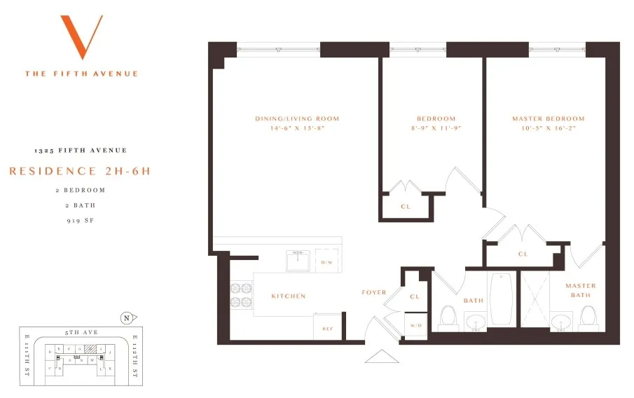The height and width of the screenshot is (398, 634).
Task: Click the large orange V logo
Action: pyautogui.click(x=81, y=36)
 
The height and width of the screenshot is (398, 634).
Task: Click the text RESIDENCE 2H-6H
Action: pyautogui.click(x=81, y=171)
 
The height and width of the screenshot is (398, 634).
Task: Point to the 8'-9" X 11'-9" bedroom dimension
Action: pyautogui.click(x=436, y=129)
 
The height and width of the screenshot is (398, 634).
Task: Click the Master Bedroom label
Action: pyautogui.click(x=548, y=119)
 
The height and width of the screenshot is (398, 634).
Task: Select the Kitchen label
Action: pyautogui.click(x=289, y=296)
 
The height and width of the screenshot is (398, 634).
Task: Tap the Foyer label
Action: pyautogui.click(x=374, y=292)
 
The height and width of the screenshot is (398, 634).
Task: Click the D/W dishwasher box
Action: pyautogui.click(x=326, y=261)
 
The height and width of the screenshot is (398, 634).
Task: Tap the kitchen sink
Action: pyautogui.click(x=298, y=261)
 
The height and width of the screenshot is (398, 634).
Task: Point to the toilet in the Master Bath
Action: pyautogui.click(x=589, y=319)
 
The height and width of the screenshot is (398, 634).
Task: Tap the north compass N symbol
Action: pyautogui.click(x=126, y=316)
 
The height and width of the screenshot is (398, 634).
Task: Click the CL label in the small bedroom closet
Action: pyautogui.click(x=405, y=207)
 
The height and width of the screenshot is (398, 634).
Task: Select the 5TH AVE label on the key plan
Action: pyautogui.click(x=74, y=334)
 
